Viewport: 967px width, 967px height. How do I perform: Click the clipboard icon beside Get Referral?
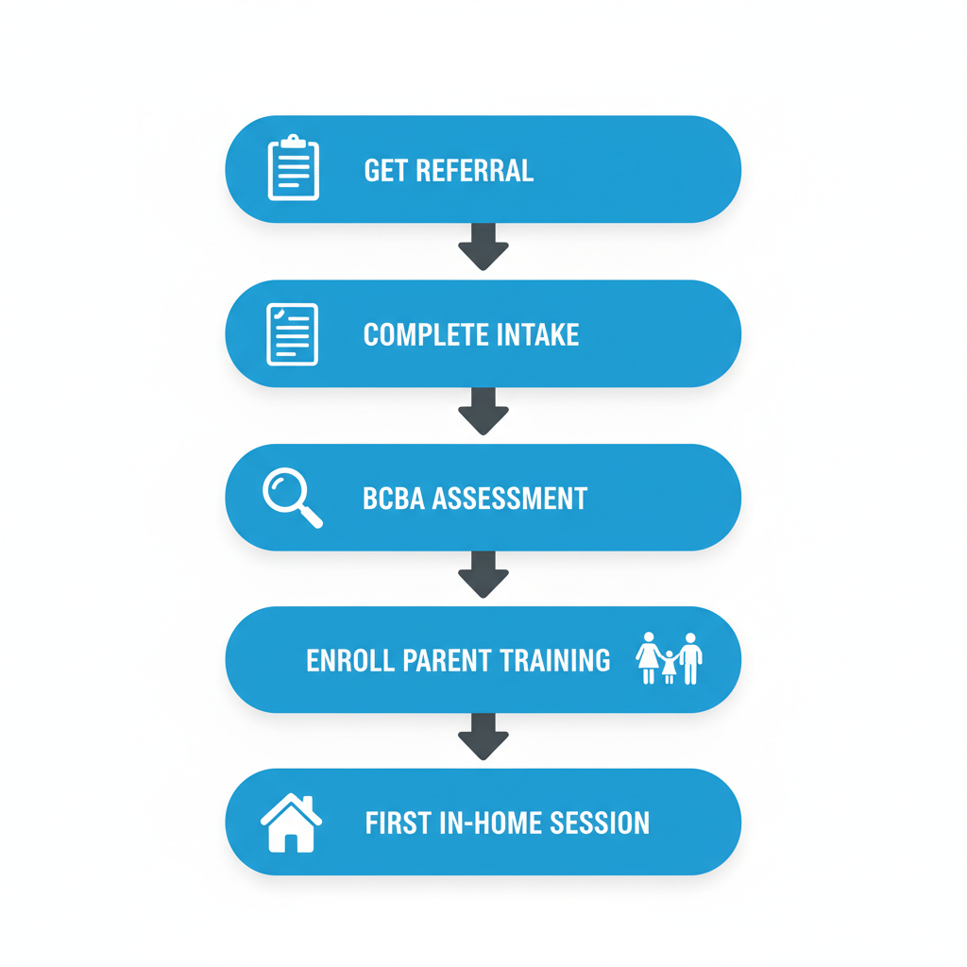click(x=294, y=168)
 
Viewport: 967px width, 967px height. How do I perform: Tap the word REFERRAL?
click(x=475, y=171)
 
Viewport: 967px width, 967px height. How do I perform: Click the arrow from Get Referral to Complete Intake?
click(x=483, y=246)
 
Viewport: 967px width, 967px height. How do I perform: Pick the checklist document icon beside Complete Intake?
click(x=293, y=334)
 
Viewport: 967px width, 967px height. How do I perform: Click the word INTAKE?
click(x=537, y=335)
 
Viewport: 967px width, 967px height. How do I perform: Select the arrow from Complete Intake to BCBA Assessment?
click(x=483, y=411)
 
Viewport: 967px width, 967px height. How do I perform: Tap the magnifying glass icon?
click(x=292, y=497)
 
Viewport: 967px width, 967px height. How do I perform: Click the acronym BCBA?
click(x=394, y=499)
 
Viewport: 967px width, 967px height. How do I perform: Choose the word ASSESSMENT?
click(x=510, y=499)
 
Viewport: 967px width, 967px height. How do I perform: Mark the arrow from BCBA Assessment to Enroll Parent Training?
click(x=483, y=574)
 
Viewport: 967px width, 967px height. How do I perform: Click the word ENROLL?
click(x=350, y=660)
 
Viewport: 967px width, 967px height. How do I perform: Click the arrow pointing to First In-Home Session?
click(x=483, y=737)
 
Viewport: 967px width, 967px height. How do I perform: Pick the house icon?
click(x=291, y=823)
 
